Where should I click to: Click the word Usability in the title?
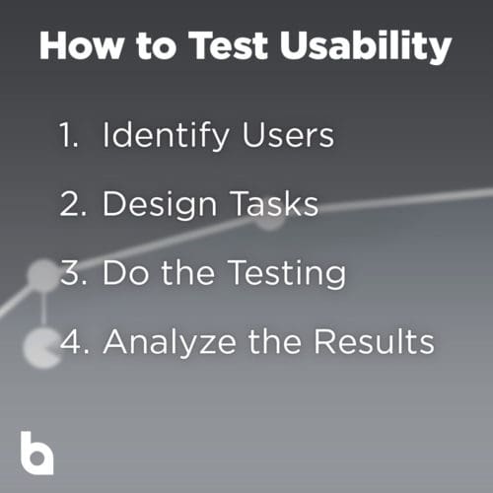point(366,46)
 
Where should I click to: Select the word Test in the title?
point(229,45)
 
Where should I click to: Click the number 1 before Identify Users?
point(69,134)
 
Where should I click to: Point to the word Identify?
point(166,136)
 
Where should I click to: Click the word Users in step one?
point(288,134)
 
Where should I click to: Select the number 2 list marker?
point(74,203)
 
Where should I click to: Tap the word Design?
point(160,204)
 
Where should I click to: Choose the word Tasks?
point(274,203)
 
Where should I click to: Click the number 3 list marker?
point(74,272)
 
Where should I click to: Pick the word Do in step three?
point(125,272)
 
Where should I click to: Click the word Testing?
point(287,273)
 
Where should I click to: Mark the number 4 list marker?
point(75,341)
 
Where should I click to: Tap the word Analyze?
point(170,342)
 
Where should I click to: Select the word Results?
point(374,341)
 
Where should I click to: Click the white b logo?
point(36,453)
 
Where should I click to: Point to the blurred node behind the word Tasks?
point(269,219)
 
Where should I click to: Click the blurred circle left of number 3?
point(42,275)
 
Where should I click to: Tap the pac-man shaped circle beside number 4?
point(40,348)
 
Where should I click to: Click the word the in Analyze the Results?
point(275,341)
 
